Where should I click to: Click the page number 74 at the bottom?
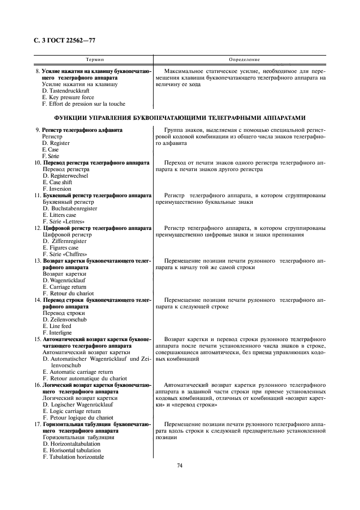tap(180, 465)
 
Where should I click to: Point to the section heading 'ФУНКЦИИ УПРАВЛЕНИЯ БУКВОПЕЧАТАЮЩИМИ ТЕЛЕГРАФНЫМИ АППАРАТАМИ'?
tap(180, 117)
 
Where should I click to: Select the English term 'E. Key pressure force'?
tap(68, 98)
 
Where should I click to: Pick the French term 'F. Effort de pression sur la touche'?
tap(83, 104)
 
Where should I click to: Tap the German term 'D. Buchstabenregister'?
tap(70, 209)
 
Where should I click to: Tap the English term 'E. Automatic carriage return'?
tap(74, 372)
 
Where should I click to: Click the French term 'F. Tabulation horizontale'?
tap(73, 457)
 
